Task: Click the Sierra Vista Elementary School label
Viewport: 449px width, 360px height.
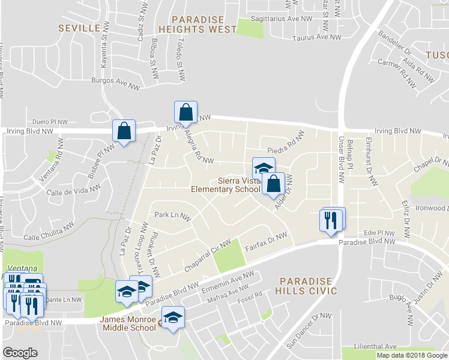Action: (224, 185)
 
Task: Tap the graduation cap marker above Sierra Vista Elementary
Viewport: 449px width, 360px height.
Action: (263, 169)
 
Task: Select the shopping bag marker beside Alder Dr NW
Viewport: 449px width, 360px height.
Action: (273, 184)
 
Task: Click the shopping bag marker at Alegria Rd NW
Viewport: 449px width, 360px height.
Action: (185, 112)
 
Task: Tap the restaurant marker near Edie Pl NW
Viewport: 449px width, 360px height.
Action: (331, 220)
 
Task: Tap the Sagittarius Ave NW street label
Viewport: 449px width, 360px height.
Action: (282, 19)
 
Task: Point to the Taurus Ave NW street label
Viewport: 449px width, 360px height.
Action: (316, 37)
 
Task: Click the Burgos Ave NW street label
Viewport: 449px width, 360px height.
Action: (115, 83)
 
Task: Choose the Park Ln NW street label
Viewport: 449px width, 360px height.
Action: (172, 214)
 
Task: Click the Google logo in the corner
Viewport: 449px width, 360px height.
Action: (20, 352)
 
